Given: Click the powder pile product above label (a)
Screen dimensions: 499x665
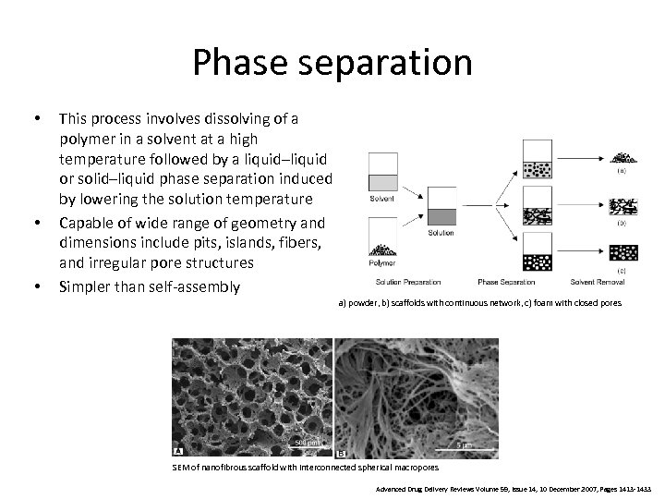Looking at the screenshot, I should point(622,156).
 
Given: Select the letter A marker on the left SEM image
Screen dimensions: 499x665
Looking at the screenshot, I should point(178,451).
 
